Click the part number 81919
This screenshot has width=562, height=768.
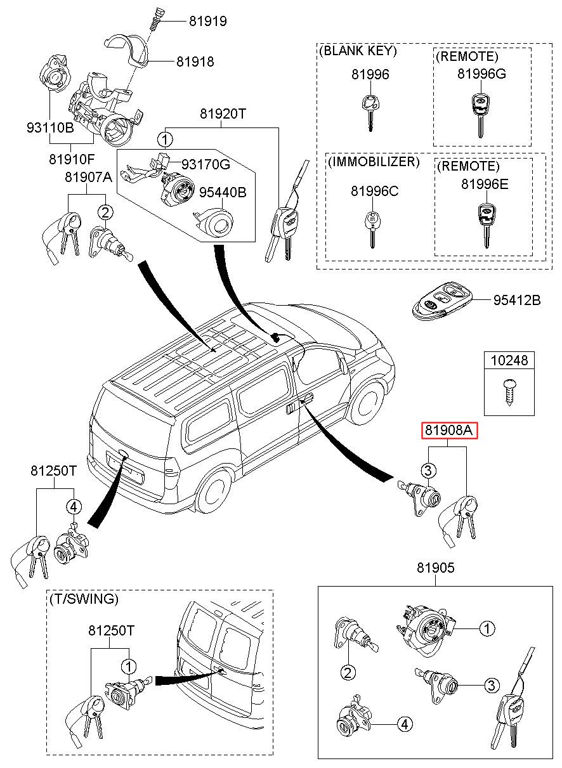[x=207, y=21]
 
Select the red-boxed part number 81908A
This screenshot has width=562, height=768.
[x=449, y=431]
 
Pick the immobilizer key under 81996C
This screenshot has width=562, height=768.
[x=371, y=228]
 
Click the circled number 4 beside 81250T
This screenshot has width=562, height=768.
[x=74, y=506]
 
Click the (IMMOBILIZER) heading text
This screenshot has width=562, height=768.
[x=374, y=162]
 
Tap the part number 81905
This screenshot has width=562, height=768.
[x=436, y=568]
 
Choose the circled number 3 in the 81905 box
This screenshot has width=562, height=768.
[x=490, y=686]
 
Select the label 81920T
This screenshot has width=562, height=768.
[x=223, y=114]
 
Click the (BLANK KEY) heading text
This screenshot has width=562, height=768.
[x=359, y=51]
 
